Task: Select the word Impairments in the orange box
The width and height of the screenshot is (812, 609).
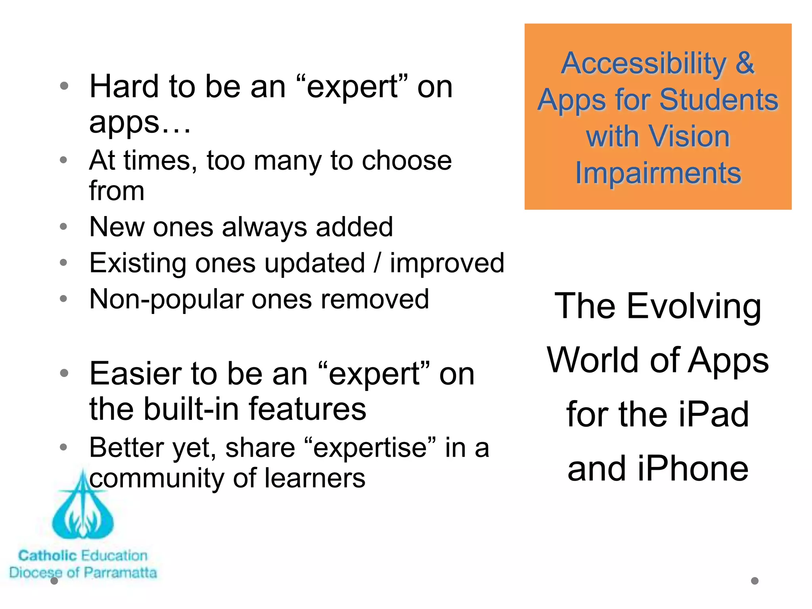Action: click(658, 173)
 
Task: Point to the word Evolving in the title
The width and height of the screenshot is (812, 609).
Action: click(694, 307)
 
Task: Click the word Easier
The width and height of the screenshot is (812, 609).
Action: click(135, 374)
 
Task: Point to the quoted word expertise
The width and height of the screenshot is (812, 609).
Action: click(371, 448)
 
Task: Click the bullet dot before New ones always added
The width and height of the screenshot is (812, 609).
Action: click(63, 227)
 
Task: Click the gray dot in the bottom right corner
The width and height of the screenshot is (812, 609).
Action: click(755, 581)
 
